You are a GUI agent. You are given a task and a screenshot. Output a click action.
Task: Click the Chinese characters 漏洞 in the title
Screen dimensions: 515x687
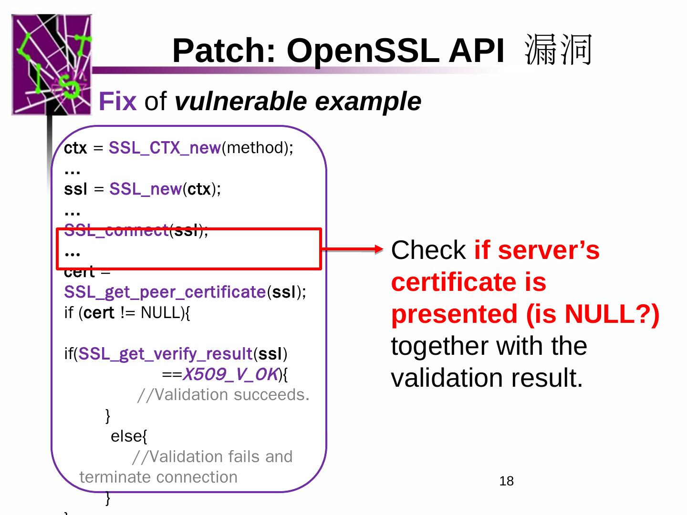click(558, 50)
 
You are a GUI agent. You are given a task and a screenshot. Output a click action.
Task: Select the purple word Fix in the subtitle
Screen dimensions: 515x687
click(117, 102)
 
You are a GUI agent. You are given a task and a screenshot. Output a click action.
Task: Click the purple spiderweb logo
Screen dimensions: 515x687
click(52, 64)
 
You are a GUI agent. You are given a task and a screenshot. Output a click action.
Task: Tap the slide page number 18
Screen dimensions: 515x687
click(506, 481)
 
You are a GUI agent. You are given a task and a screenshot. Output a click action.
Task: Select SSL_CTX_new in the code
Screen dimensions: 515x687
click(165, 148)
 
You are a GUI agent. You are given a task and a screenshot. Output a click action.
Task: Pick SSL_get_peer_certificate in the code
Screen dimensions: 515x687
click(165, 292)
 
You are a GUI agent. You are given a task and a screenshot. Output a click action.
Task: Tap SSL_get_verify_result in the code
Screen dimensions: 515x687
click(165, 354)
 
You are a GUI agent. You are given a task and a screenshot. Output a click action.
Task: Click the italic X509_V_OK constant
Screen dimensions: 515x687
click(230, 375)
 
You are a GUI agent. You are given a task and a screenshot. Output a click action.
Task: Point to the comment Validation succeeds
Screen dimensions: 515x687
click(223, 395)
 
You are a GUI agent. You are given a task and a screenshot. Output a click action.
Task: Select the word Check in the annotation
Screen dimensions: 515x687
click(428, 250)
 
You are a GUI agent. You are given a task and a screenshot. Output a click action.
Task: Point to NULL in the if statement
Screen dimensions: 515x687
click(161, 313)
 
